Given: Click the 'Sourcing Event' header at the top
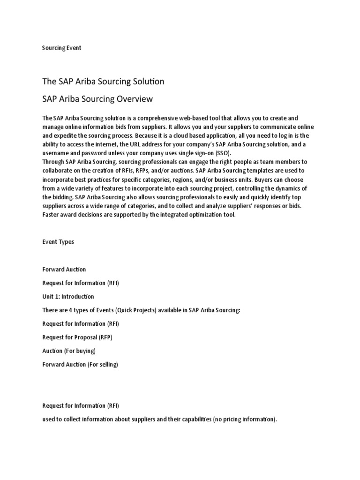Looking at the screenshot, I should [x=61, y=48].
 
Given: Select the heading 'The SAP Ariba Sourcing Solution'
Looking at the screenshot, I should [x=103, y=82].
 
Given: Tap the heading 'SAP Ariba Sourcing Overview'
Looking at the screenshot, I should [x=97, y=99].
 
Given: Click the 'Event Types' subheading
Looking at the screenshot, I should [x=58, y=242].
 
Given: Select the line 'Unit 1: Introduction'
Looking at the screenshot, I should [x=68, y=296].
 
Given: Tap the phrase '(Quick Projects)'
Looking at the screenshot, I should [x=133, y=310].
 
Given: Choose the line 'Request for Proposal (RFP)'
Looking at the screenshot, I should [x=77, y=337].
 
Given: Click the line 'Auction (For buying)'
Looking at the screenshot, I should [x=69, y=351].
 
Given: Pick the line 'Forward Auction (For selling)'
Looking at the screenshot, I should [x=80, y=364].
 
